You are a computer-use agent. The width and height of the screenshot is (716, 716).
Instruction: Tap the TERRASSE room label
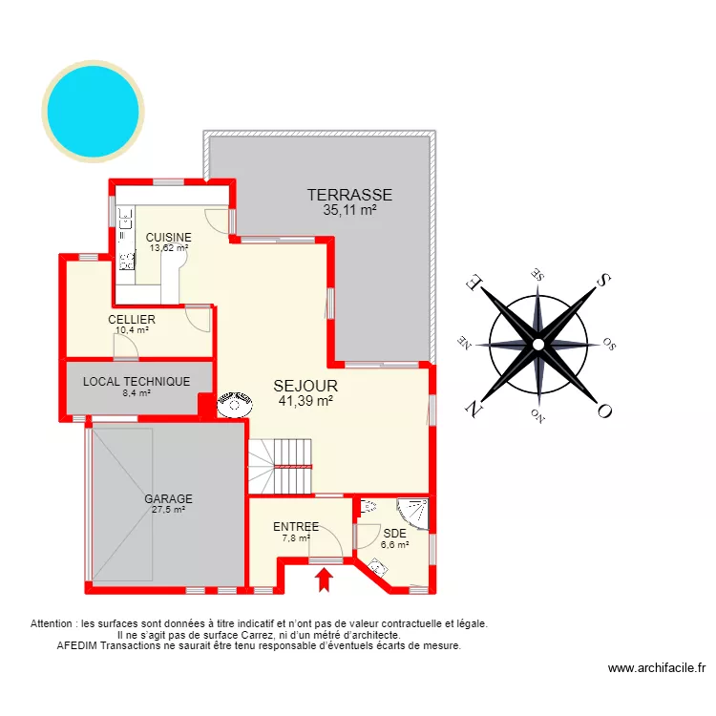coord(349,195)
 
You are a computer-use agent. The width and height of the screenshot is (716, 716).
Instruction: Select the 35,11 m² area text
coord(349,211)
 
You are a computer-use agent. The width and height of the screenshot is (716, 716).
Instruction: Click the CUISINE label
coord(168,238)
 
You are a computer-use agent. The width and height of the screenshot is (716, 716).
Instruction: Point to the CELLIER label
coord(132,319)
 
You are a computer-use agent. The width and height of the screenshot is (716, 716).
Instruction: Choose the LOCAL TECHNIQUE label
coord(137,381)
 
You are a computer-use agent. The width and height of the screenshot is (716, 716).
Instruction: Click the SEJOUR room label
coord(305,386)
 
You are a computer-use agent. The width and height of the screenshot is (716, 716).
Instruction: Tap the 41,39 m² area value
coord(305,402)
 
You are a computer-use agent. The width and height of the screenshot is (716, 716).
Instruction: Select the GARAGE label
coord(168,498)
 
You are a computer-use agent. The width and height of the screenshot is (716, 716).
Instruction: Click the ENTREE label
coord(296,526)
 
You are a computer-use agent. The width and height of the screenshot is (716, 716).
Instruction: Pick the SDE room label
coord(394,534)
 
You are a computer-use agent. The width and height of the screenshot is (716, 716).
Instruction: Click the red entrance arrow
coord(325,579)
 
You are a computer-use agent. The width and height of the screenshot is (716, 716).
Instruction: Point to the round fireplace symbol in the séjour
coord(233,405)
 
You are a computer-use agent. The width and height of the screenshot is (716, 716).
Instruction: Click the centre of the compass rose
coord(538,343)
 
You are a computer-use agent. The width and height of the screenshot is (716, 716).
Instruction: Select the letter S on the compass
coord(603,280)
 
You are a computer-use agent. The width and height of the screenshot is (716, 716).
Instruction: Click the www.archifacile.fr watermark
coord(656,669)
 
